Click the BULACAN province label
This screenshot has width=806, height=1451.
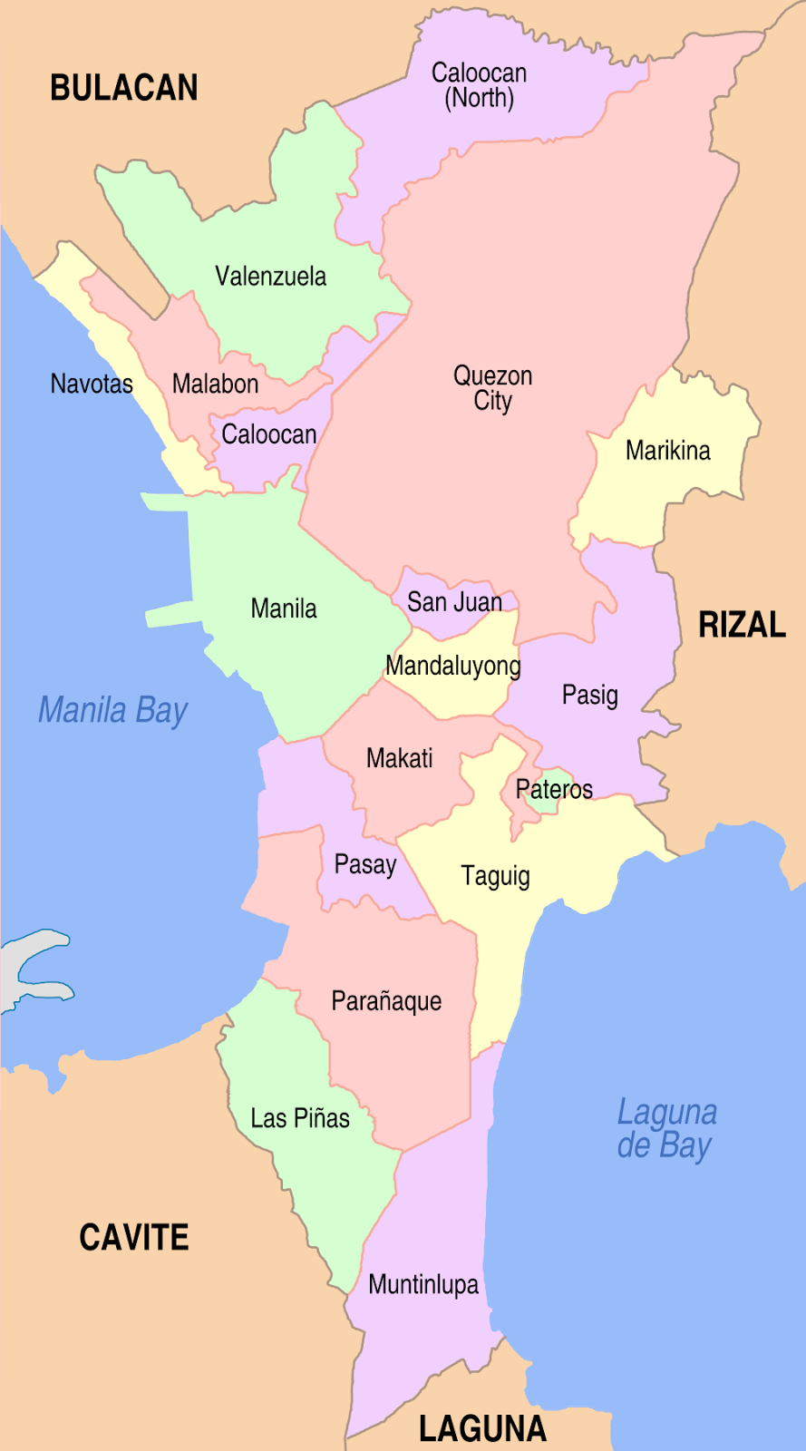tap(124, 88)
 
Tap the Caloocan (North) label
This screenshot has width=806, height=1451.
tap(479, 85)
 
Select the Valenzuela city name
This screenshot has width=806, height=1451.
tap(270, 277)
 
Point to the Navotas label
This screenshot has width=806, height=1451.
tap(92, 384)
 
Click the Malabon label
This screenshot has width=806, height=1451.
tap(215, 384)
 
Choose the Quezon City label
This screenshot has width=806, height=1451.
tap(492, 388)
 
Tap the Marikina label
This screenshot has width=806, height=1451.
tap(667, 451)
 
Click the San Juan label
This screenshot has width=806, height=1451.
tap(454, 602)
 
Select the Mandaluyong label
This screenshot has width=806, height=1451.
tap(453, 666)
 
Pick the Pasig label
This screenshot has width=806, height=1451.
tap(589, 696)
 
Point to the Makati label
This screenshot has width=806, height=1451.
tap(399, 758)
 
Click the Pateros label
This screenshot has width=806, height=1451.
tap(554, 789)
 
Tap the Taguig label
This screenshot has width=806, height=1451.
tap(495, 876)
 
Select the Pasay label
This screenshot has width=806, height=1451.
tap(365, 864)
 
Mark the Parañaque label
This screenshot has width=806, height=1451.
tap(386, 1001)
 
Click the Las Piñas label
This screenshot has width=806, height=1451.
tap(300, 1118)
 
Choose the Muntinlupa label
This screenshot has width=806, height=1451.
tap(423, 1284)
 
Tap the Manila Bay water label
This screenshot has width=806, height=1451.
tap(113, 710)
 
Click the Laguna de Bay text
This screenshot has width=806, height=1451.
tap(666, 1128)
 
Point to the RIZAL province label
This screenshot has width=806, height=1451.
tap(742, 625)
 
